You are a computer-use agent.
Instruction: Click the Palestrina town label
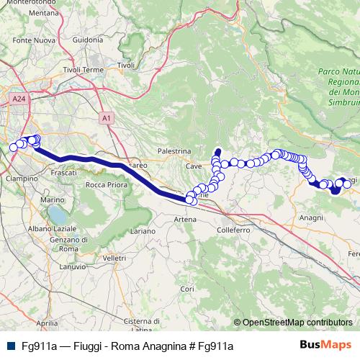[x=175, y=152]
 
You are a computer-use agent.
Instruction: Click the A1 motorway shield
[x=106, y=117]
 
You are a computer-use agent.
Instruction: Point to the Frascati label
[x=65, y=174]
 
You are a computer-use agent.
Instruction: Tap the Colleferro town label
[x=233, y=230]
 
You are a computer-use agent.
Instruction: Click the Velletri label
[x=114, y=257]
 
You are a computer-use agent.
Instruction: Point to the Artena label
[x=185, y=218]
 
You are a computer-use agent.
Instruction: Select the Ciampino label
[x=21, y=177]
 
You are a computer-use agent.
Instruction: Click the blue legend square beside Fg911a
[x=9, y=346]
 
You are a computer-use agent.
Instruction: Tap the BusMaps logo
[x=325, y=346]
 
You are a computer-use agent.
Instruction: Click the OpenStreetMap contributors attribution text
[x=297, y=323]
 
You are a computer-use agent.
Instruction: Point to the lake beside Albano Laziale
[x=55, y=215]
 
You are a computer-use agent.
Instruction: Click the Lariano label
[x=143, y=231]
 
